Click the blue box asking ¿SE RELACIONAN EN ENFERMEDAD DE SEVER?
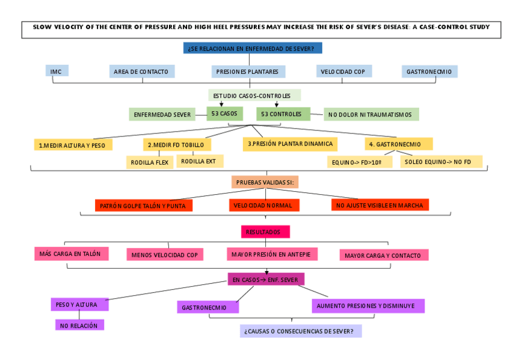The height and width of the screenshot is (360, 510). pyautogui.click(x=253, y=48)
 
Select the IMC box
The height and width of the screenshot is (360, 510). pyautogui.click(x=57, y=71)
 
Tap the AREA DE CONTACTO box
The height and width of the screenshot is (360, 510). pyautogui.click(x=141, y=72)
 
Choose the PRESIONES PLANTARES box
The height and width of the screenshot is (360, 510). pyautogui.click(x=248, y=72)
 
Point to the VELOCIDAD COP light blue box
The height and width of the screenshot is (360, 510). pyautogui.click(x=343, y=72)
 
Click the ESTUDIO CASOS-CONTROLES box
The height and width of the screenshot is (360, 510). pyautogui.click(x=254, y=96)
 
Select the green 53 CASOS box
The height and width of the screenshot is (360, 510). pyautogui.click(x=224, y=114)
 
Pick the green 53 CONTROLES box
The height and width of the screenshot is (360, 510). pyautogui.click(x=282, y=114)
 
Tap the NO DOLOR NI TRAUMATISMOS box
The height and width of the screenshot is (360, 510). pyautogui.click(x=371, y=114)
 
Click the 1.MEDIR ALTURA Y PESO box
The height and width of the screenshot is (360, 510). pyautogui.click(x=73, y=145)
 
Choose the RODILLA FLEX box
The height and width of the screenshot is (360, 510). pyautogui.click(x=150, y=162)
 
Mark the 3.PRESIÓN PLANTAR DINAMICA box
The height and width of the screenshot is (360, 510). pyautogui.click(x=290, y=144)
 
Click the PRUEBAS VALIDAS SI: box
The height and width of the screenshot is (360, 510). pyautogui.click(x=266, y=182)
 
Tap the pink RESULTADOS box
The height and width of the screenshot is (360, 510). pyautogui.click(x=265, y=231)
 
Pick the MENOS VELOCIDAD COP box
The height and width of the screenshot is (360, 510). pyautogui.click(x=164, y=255)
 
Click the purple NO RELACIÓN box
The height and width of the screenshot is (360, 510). pyautogui.click(x=79, y=325)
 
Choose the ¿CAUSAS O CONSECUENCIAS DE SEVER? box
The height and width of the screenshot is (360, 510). pyautogui.click(x=300, y=331)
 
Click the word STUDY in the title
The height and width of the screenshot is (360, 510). pyautogui.click(x=478, y=27)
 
